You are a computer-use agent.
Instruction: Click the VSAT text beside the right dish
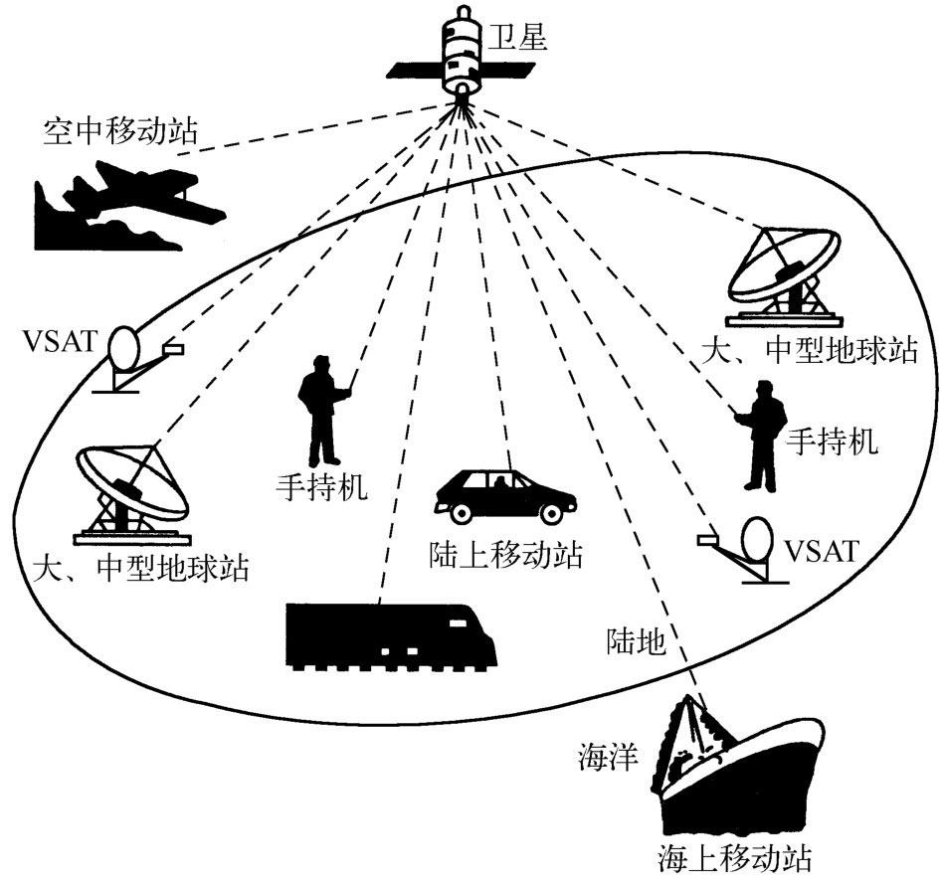[821, 550]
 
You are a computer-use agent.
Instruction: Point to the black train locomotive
[390, 636]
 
